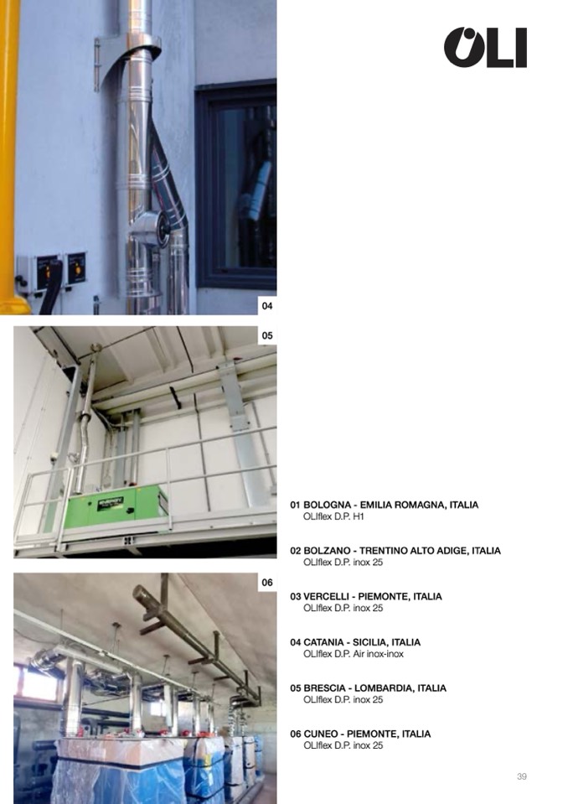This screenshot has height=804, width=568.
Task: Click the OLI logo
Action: (485, 48)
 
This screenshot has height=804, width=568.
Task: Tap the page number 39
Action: (521, 776)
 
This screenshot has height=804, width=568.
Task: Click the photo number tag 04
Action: (267, 306)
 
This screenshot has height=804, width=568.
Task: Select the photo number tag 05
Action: (267, 335)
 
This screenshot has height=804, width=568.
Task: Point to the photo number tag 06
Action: (267, 583)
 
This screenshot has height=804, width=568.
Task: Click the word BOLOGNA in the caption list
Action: (328, 505)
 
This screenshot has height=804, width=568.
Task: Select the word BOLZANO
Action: (328, 551)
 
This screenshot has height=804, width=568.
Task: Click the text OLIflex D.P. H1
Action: (333, 516)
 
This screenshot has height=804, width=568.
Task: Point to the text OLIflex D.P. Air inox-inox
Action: (354, 654)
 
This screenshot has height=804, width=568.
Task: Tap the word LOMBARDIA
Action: (384, 688)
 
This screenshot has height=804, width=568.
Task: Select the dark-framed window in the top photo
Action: (236, 184)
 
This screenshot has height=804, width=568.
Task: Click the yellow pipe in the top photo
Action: (9, 157)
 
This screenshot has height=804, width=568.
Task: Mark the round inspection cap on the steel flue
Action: (163, 227)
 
